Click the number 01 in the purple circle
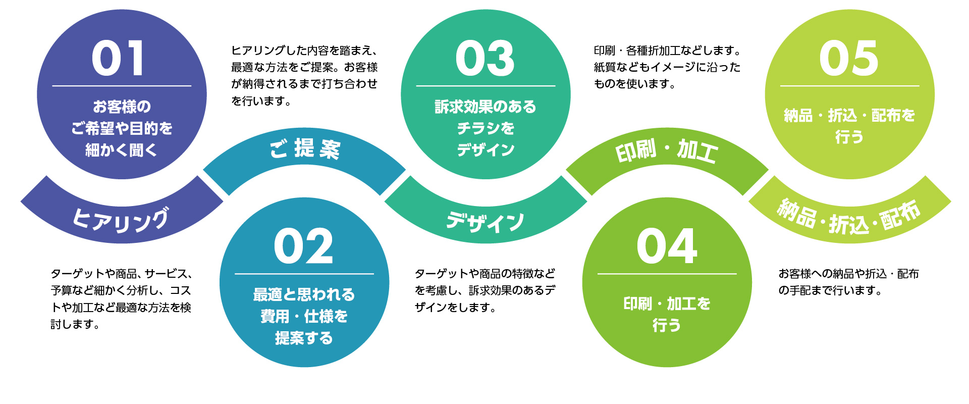(118, 59)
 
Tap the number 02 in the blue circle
(304, 246)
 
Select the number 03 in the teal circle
(485, 59)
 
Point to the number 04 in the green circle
(667, 246)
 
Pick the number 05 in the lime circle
(849, 59)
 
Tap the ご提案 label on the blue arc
(305, 148)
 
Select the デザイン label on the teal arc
(485, 222)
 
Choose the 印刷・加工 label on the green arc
(666, 150)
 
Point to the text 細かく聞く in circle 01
(122, 150)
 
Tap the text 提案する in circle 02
(304, 338)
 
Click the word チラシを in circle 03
(486, 128)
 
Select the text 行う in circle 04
(667, 325)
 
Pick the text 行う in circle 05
(849, 136)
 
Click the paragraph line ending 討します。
(75, 324)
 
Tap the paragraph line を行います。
(261, 101)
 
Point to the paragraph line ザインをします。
(456, 307)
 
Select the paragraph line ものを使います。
(635, 84)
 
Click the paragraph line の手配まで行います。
(830, 290)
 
